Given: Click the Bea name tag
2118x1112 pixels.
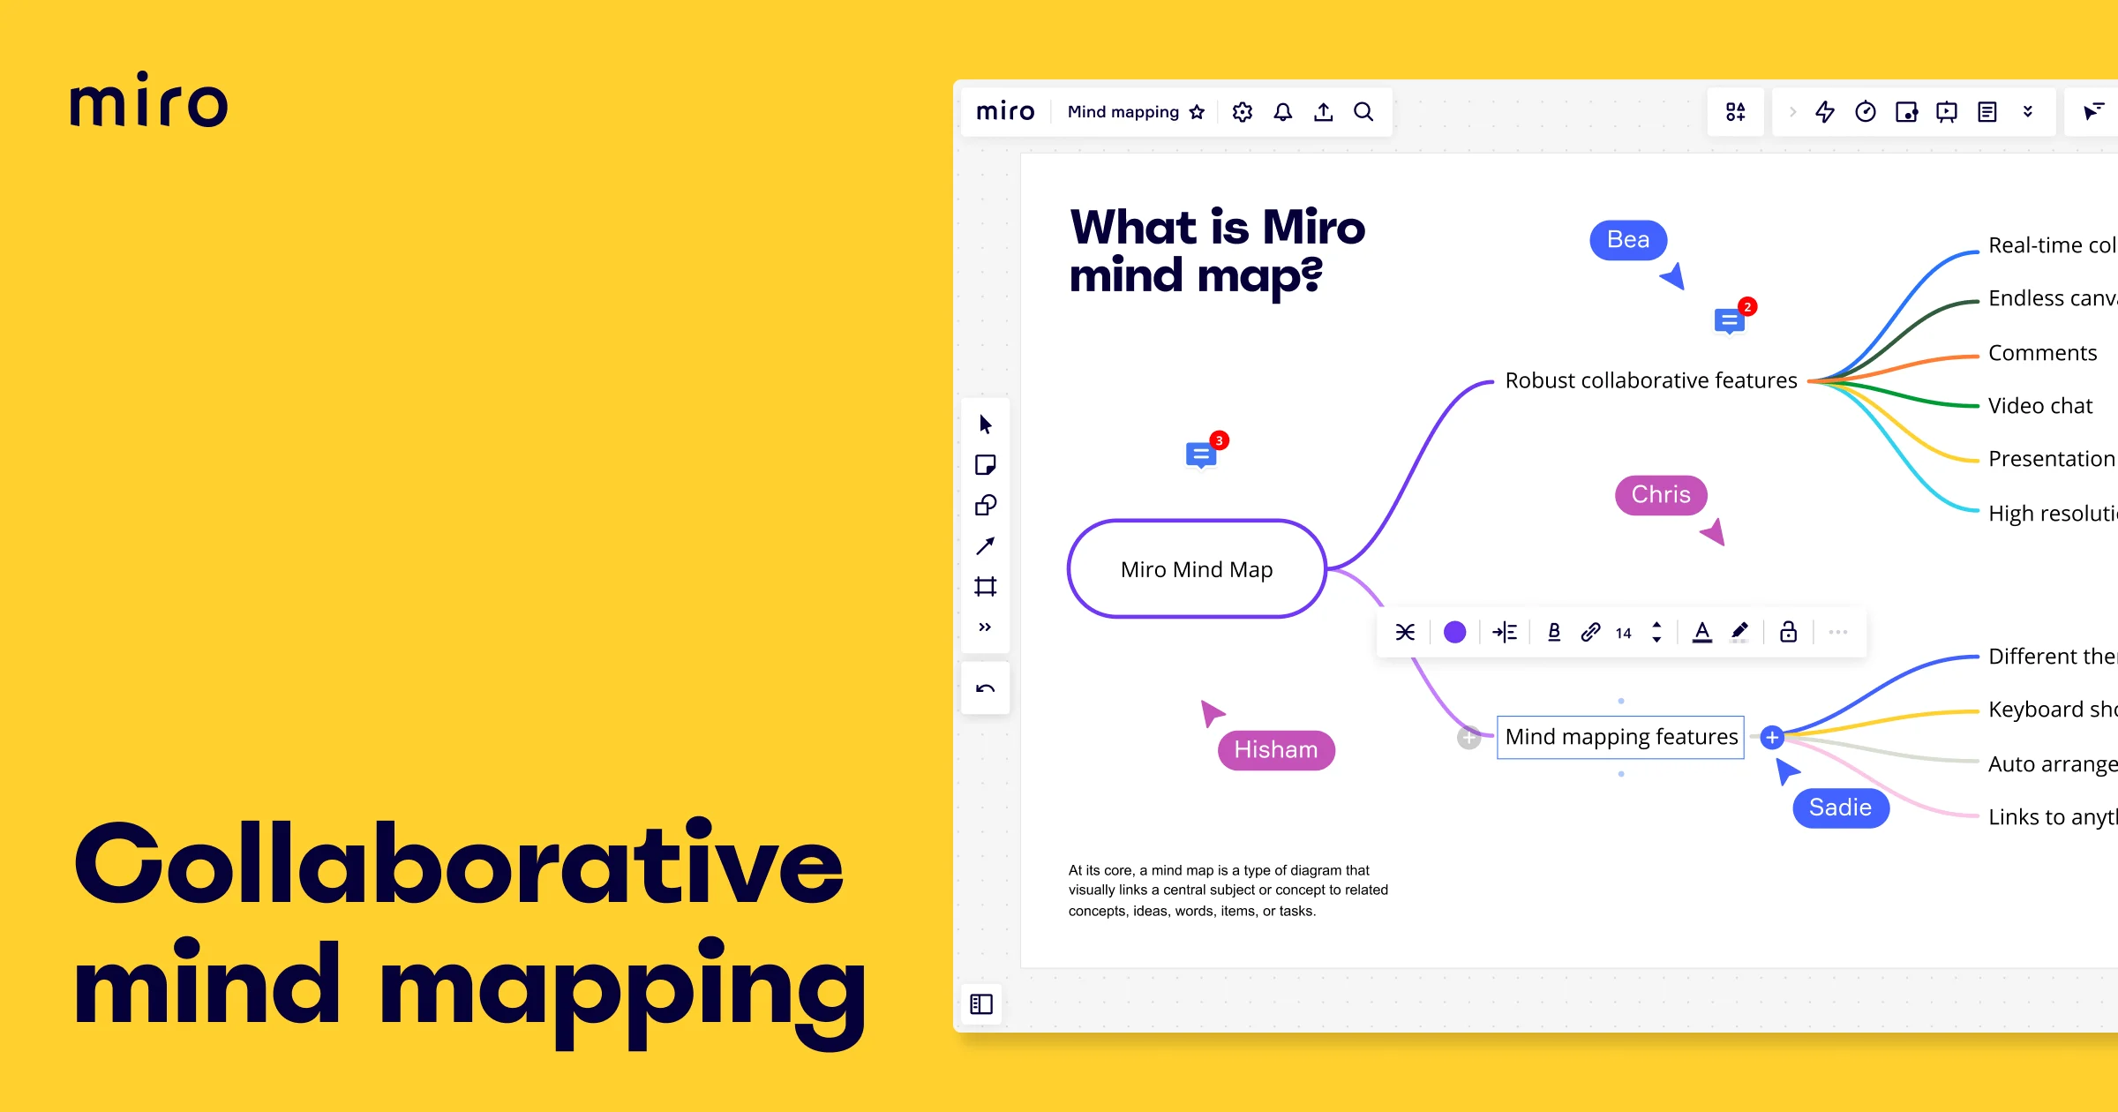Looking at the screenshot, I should [x=1627, y=240].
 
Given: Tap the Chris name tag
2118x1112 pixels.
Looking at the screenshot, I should [x=1660, y=495].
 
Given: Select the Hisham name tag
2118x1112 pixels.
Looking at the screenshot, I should [x=1275, y=750].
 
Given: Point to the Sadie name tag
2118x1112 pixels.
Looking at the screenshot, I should [x=1840, y=808].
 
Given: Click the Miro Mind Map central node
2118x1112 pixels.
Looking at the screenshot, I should [x=1197, y=569].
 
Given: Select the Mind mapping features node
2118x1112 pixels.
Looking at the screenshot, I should [x=1620, y=737].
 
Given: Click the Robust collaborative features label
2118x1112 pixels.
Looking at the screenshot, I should [x=1650, y=380].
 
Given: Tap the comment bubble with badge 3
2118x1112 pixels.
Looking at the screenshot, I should [x=1200, y=455].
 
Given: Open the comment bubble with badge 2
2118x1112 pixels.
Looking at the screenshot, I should [x=1729, y=321].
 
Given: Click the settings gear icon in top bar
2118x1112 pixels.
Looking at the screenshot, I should [x=1243, y=112].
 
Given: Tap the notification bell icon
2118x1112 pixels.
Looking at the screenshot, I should [x=1283, y=112].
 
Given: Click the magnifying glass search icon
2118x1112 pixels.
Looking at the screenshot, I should [x=1363, y=112].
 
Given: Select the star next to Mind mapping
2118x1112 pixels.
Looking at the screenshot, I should [x=1197, y=112].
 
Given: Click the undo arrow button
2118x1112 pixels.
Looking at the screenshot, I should [x=985, y=688].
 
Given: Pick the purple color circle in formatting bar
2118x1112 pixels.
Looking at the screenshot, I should [x=1454, y=632].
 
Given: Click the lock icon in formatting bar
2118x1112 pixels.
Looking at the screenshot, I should [x=1788, y=632].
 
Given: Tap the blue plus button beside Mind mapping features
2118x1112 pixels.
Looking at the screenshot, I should [x=1771, y=737].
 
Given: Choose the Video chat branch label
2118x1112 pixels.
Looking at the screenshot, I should [x=2039, y=406].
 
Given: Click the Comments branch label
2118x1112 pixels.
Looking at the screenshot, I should [x=2042, y=353].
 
